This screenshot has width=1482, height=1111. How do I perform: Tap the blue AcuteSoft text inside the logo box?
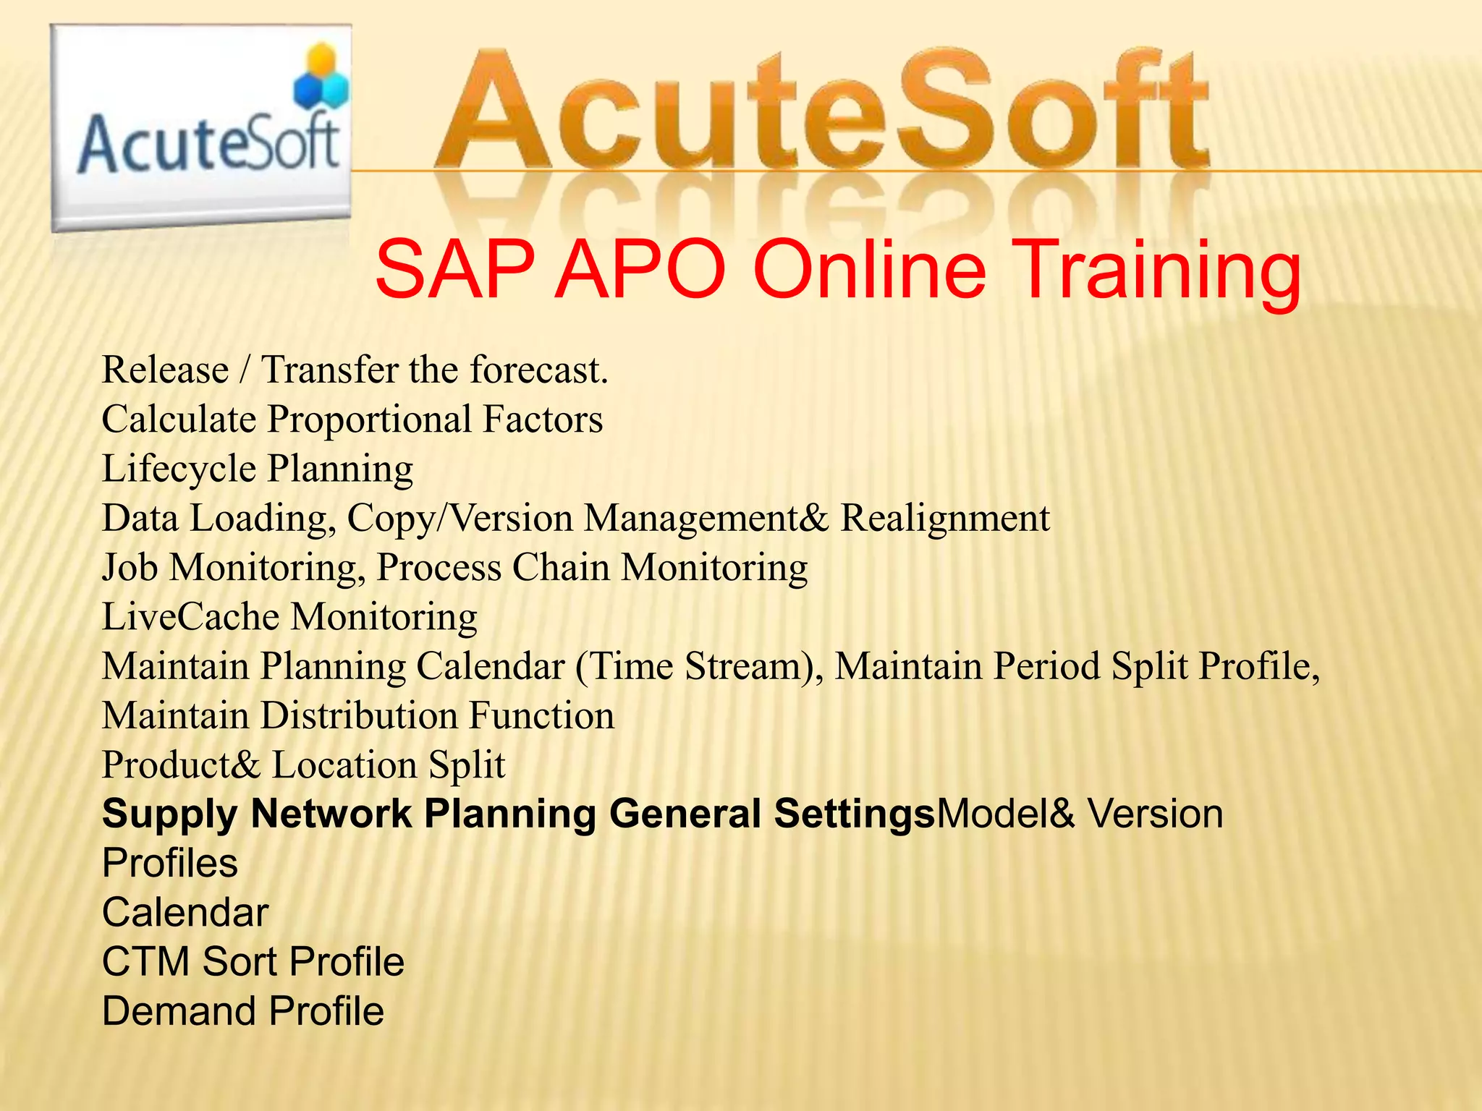click(208, 144)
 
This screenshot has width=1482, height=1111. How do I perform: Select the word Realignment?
click(944, 518)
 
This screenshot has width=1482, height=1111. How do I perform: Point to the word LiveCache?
click(190, 617)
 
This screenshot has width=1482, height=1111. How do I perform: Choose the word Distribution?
click(359, 715)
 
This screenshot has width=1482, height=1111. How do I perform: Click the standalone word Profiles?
click(170, 863)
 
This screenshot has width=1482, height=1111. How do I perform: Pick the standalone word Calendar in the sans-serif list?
click(185, 912)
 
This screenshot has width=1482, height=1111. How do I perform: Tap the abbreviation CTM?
click(145, 962)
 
